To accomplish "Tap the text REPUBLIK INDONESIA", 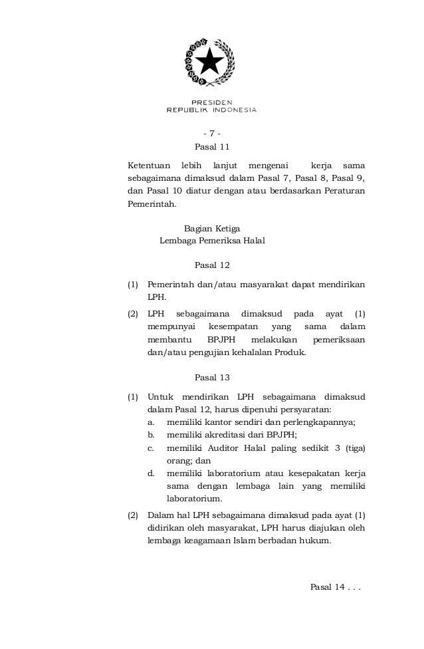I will click(x=211, y=110).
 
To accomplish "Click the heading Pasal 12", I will click(x=211, y=266).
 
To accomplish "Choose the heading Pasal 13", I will click(x=211, y=378).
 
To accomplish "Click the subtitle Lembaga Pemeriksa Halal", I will click(x=211, y=241).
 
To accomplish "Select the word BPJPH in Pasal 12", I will click(x=219, y=340).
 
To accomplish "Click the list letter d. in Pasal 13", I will click(x=152, y=473).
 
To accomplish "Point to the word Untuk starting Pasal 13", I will click(x=159, y=398).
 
